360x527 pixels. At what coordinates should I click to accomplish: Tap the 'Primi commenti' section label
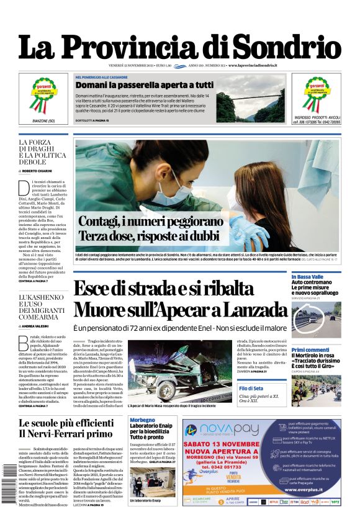310,350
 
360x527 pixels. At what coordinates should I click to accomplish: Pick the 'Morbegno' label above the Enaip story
142,420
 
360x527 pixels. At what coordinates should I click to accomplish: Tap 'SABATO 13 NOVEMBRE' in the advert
230,445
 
